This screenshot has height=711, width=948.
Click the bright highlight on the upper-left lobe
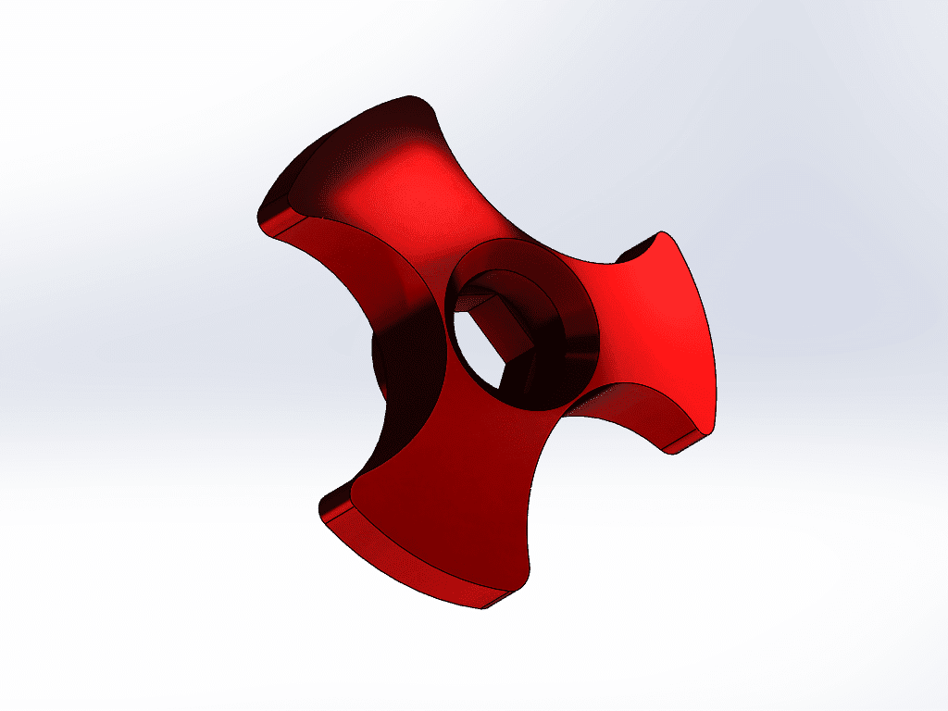(389, 185)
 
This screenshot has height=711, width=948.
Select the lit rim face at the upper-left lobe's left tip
(278, 222)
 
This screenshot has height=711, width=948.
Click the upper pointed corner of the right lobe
(663, 232)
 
